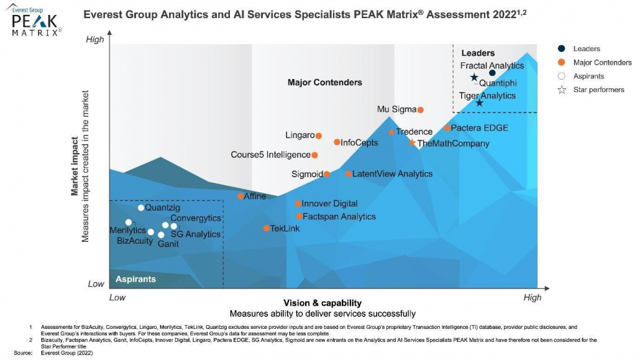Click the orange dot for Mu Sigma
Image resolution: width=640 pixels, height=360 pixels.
420,110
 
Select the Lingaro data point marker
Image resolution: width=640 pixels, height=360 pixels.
319,136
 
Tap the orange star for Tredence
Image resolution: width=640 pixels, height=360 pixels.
391,132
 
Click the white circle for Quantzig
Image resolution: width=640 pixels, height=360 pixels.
141,208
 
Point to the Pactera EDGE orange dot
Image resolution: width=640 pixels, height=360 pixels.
447,128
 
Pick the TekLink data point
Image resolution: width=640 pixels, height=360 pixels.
267,228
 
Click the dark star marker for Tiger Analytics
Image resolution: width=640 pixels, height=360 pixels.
479,103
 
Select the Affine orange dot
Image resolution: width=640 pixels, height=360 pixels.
240,196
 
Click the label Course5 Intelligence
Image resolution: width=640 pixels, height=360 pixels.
270,155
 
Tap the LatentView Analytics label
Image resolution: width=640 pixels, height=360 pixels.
392,174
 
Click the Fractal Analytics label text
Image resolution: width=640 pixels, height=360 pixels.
491,65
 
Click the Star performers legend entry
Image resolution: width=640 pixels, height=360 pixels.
598,90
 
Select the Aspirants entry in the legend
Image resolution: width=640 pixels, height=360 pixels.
588,76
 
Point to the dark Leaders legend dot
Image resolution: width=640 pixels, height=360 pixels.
562,48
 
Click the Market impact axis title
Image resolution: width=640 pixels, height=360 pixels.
75,167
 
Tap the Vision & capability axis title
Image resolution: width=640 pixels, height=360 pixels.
322,303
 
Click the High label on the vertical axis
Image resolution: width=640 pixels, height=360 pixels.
95,40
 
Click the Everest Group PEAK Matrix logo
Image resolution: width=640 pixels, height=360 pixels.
37,19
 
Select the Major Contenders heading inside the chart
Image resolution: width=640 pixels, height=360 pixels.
324,83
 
